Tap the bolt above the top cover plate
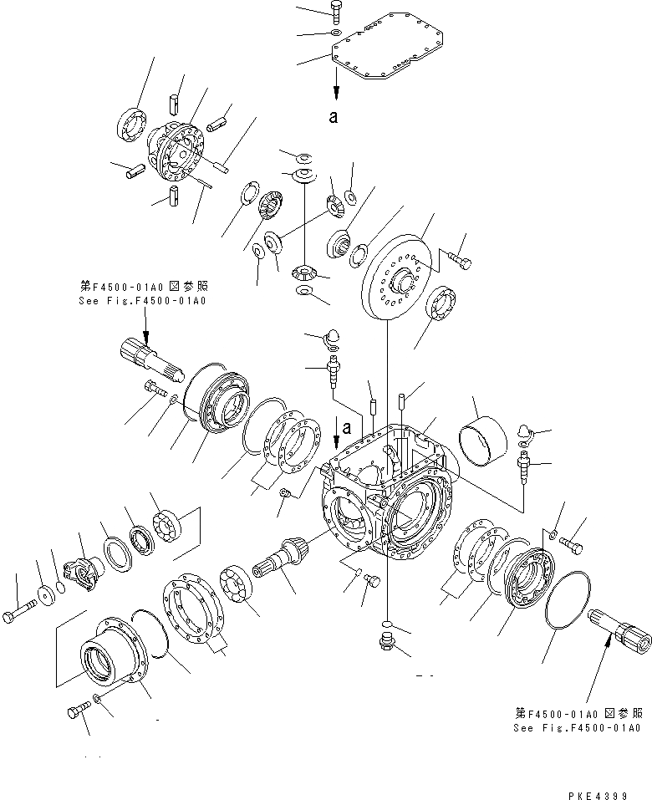tap(334, 11)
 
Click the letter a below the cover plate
tap(334, 117)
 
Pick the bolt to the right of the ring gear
tap(460, 262)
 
